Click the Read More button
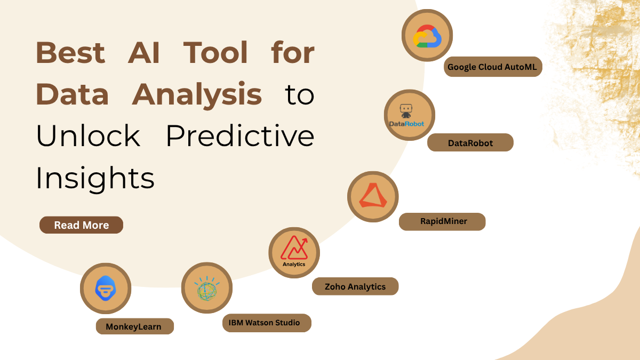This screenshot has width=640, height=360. point(81,225)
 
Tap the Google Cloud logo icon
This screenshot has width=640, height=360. point(427,35)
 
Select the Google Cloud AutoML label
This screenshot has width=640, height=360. point(493,67)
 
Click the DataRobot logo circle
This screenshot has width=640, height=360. point(410,115)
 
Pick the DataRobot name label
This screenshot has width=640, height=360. point(470,143)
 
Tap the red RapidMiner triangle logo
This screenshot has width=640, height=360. point(373,196)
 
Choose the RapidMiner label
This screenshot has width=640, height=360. point(442,221)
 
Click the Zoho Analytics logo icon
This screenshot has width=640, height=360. point(294,252)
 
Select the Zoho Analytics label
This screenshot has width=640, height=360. point(355,286)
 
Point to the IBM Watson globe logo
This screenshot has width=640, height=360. point(207,288)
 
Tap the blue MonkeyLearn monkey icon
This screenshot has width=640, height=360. point(106,289)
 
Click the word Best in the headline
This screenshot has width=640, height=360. point(70,53)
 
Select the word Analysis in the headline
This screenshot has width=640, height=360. point(197,95)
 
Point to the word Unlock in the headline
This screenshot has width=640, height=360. point(88,137)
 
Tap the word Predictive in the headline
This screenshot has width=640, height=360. point(240,137)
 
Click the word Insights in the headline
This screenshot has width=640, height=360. point(95,178)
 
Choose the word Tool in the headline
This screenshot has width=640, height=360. point(216,53)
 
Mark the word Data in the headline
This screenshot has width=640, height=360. point(73,95)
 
